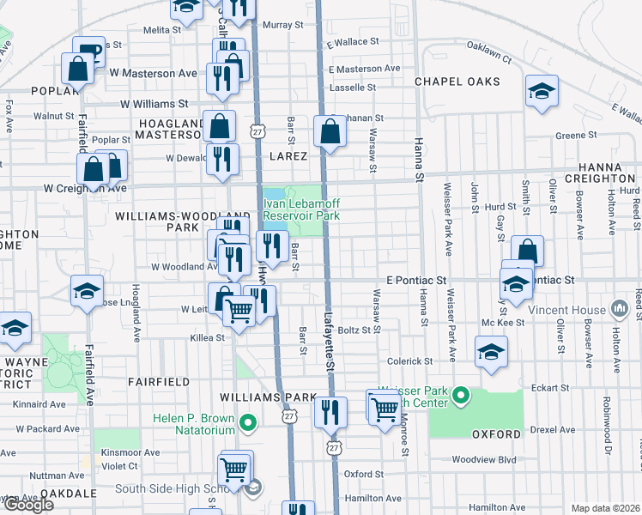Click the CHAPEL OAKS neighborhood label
pyautogui.click(x=457, y=82)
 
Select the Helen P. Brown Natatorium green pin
pyautogui.click(x=249, y=422)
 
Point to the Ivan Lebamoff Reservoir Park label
pyautogui.click(x=300, y=209)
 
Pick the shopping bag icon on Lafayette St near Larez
pyautogui.click(x=330, y=132)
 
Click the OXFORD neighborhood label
pyautogui.click(x=496, y=435)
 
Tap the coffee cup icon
pyautogui.click(x=88, y=51)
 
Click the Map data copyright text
pyautogui.click(x=604, y=508)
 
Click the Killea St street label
pyautogui.click(x=207, y=338)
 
